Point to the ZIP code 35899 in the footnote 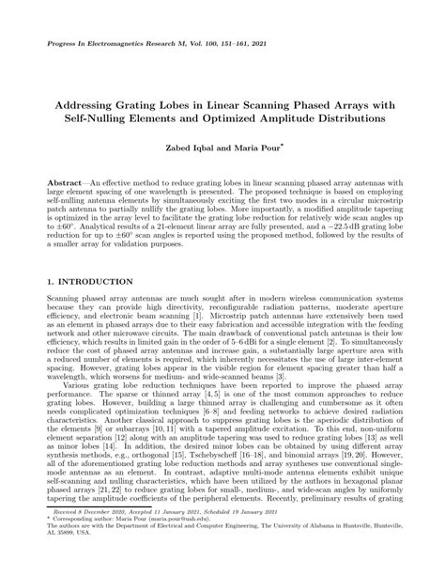60,558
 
